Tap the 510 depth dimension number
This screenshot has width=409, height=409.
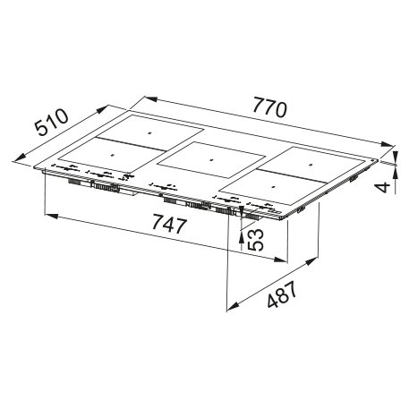point(51,123)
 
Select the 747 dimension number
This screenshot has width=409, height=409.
point(169,225)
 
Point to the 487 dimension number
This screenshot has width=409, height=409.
point(282,294)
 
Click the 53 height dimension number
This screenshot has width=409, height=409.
point(257,240)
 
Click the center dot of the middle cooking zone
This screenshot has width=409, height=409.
point(211,160)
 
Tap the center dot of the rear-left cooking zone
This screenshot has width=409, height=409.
point(149,133)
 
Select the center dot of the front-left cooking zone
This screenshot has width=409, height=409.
point(113,155)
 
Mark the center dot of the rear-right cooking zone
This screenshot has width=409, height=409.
point(310,165)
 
